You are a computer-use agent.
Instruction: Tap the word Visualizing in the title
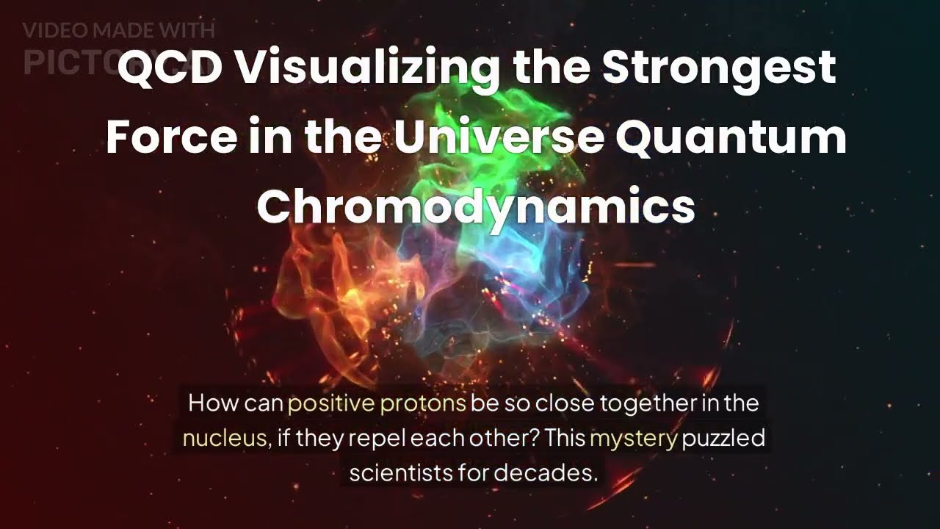tap(367, 68)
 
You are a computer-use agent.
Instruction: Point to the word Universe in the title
tap(499, 137)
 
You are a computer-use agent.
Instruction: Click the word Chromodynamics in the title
tap(475, 206)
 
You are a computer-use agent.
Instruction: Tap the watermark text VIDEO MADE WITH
tap(118, 31)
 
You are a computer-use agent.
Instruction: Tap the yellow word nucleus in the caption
tap(224, 439)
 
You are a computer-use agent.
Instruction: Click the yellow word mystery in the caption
tap(633, 439)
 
